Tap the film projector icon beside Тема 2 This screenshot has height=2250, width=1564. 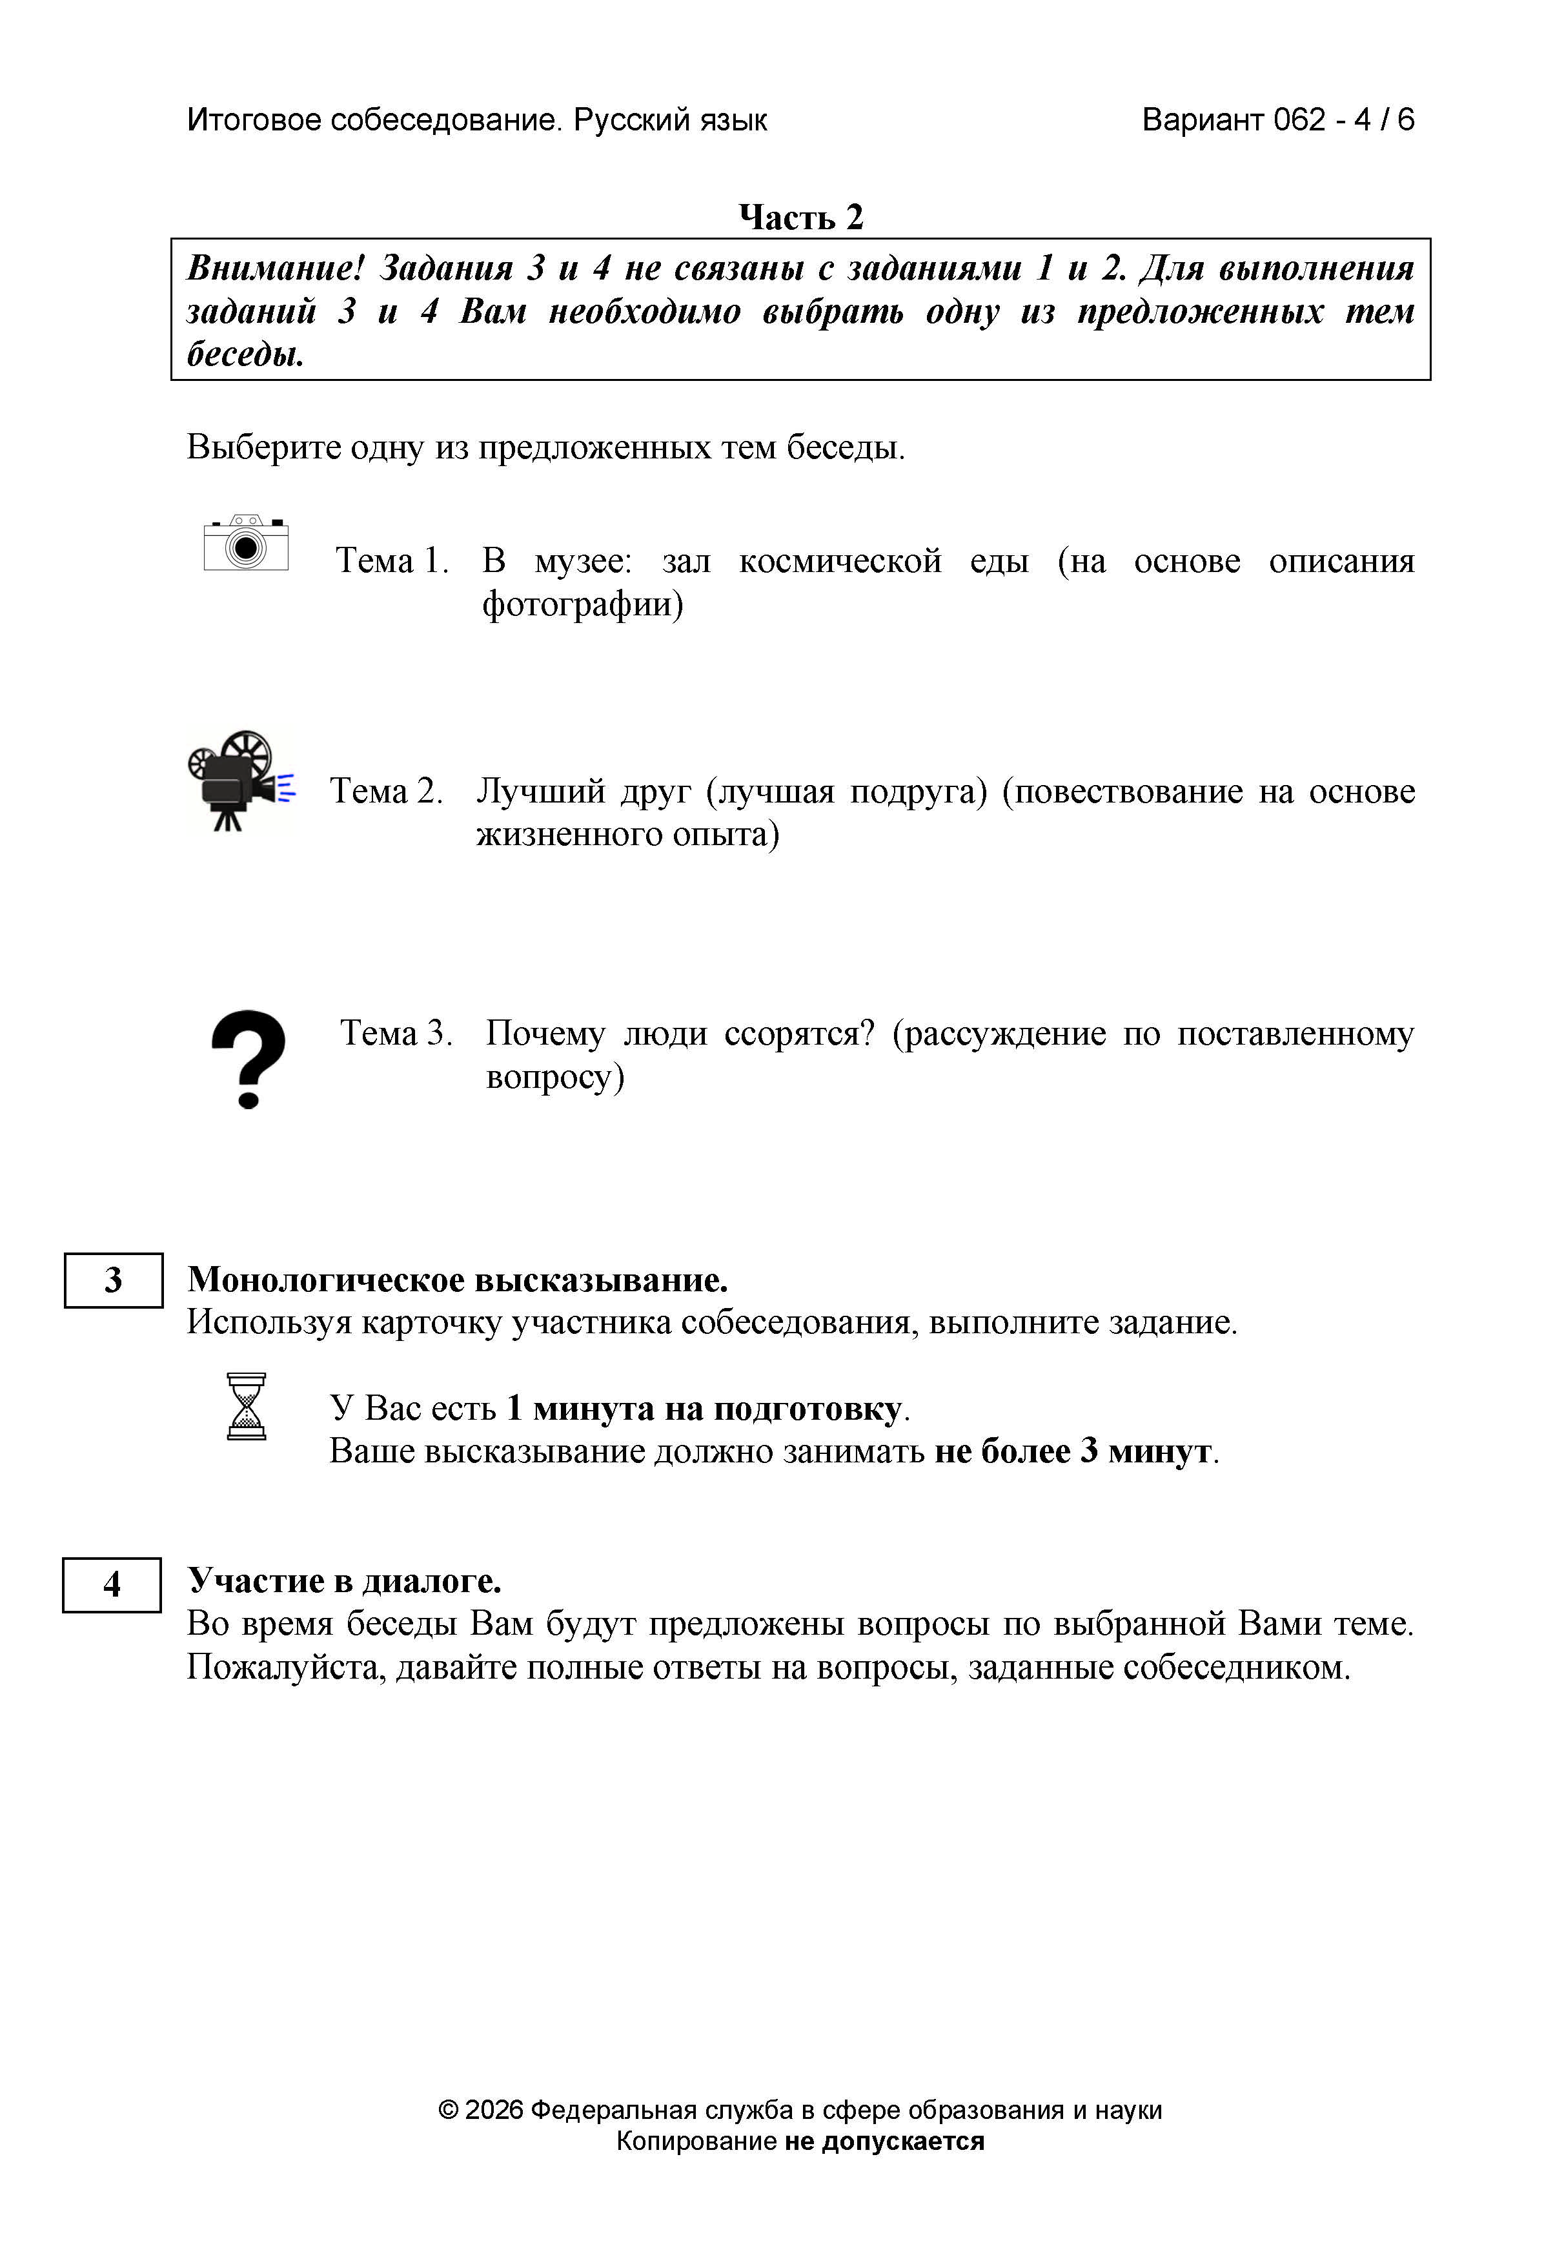pos(240,781)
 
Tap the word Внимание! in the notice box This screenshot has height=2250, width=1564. pos(276,267)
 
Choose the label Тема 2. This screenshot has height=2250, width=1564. pos(386,791)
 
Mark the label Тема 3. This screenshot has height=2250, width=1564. pos(396,1033)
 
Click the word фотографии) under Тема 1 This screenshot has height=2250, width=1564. pos(582,604)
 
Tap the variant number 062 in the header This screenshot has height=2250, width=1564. pos(1299,119)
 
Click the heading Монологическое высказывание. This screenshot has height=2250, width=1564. pos(458,1280)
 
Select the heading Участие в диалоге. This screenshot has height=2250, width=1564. pos(344,1580)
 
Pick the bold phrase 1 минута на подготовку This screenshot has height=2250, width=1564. pos(704,1408)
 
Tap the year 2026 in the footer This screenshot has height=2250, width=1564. pos(494,2110)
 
